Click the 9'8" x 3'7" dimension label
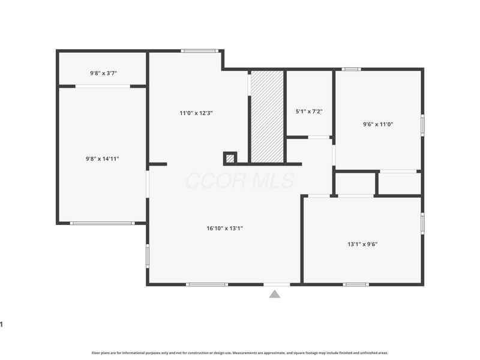point(103,73)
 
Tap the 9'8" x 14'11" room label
point(102,158)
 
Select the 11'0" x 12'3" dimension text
point(196,113)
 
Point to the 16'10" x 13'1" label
point(224,228)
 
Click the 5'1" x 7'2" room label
point(309,112)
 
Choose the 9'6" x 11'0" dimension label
point(378,124)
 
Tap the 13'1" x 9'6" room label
point(362,244)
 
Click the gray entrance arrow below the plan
point(275,294)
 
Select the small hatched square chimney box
point(230,158)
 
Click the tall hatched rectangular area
point(267,116)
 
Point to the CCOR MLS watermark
point(241,181)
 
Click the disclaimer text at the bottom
point(240,353)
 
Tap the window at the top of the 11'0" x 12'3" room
point(200,51)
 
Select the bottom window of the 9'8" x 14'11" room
point(102,223)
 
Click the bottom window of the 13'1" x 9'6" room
point(356,284)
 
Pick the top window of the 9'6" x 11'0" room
point(352,69)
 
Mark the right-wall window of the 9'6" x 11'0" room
point(422,125)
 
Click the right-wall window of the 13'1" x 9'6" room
point(422,223)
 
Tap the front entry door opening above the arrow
point(277,284)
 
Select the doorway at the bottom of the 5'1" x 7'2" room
point(319,137)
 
